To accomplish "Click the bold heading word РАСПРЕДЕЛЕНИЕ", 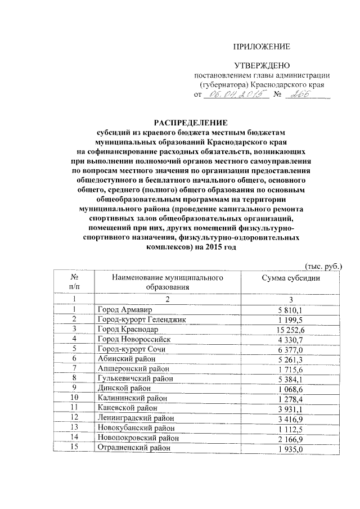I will [191, 122].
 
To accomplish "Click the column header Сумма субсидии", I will [291, 278].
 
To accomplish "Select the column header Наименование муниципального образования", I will [167, 282].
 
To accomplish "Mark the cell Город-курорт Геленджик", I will [141, 319].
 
